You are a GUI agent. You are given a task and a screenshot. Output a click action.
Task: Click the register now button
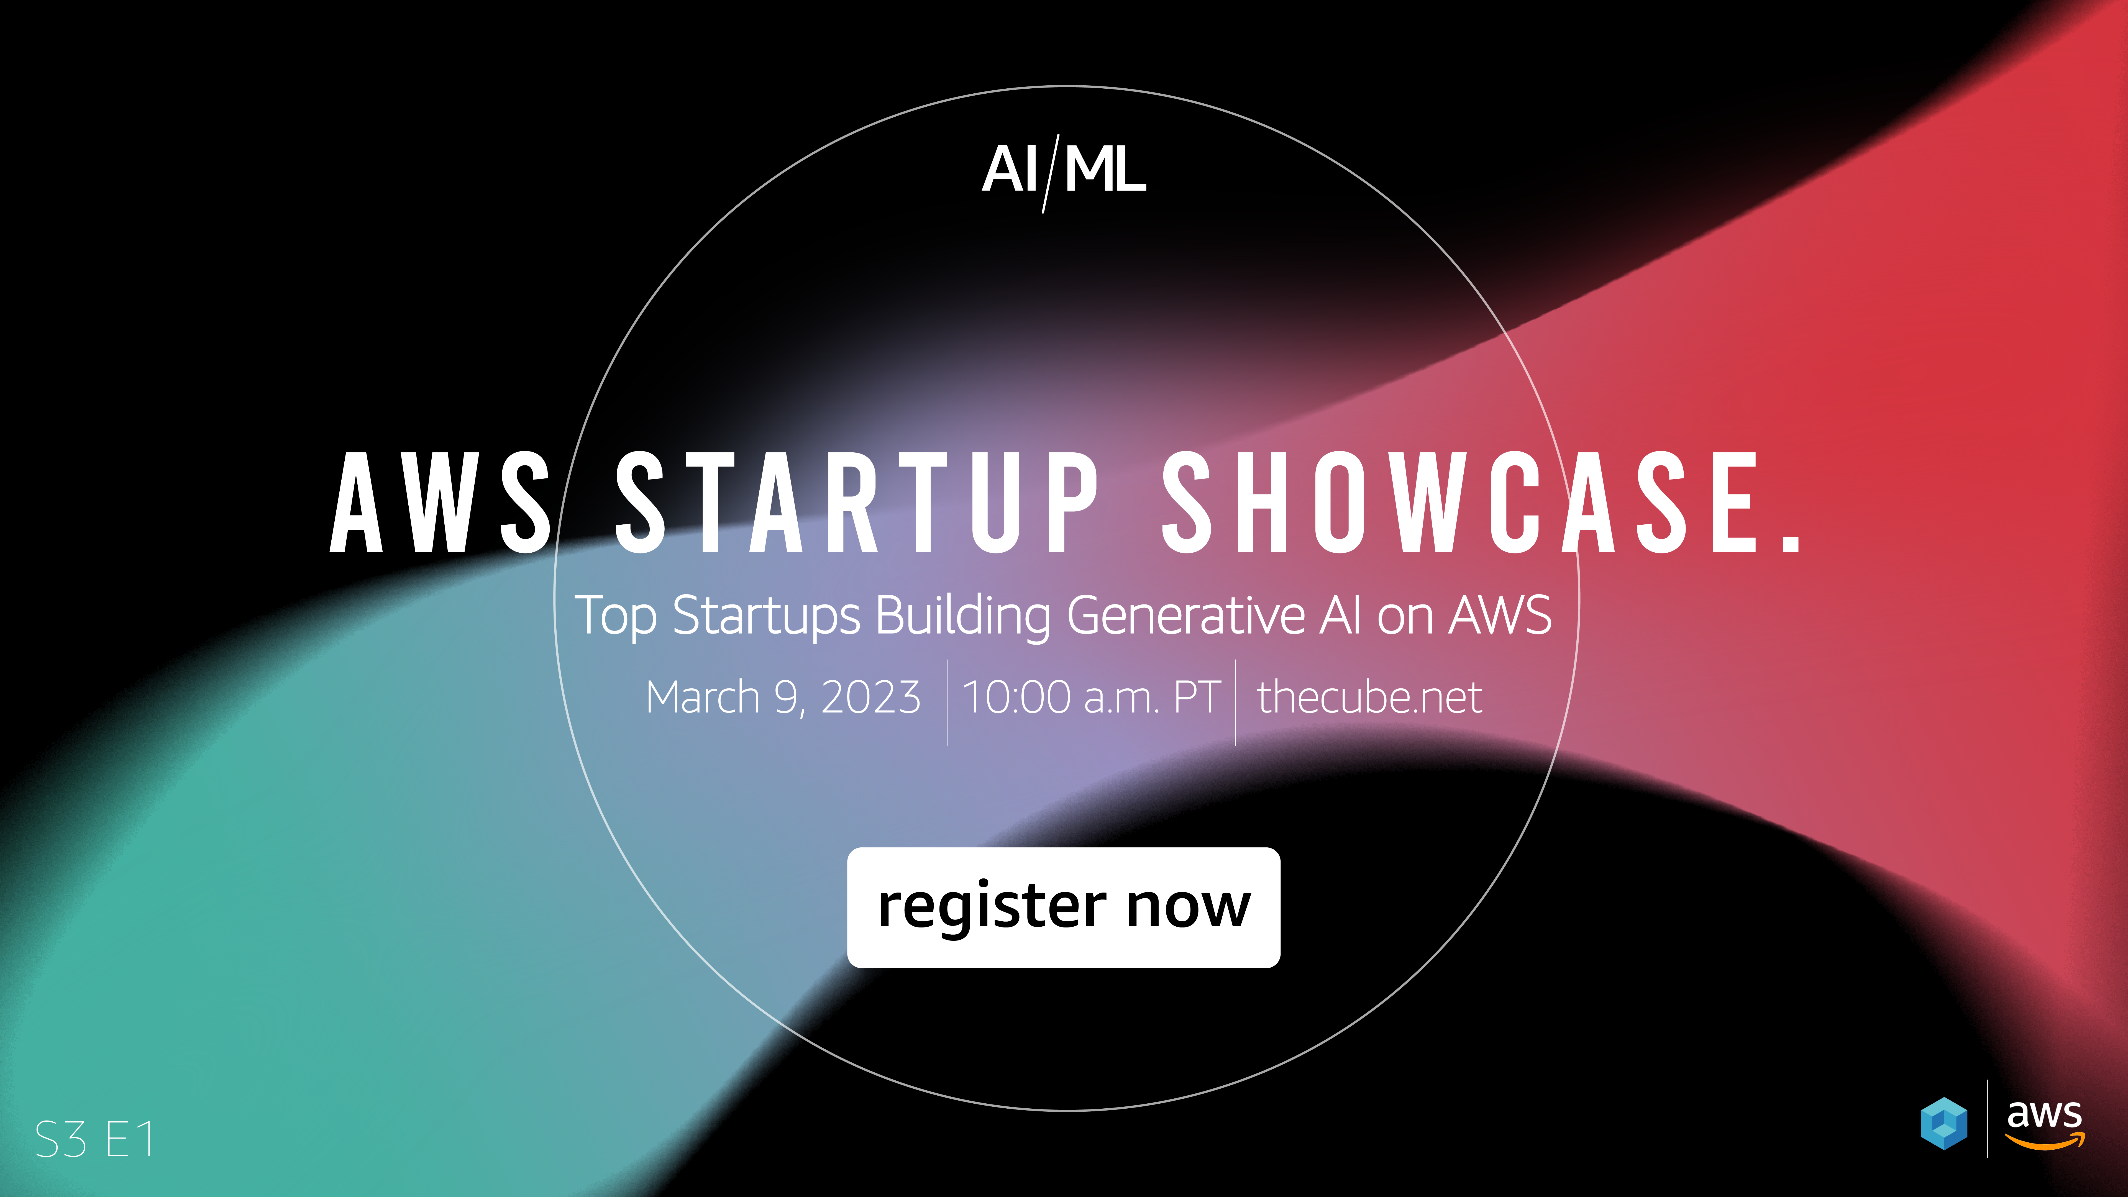pyautogui.click(x=1063, y=907)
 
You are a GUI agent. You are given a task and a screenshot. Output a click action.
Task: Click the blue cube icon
pyautogui.click(x=1944, y=1124)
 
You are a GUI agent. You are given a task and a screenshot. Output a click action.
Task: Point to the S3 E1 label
pyautogui.click(x=94, y=1140)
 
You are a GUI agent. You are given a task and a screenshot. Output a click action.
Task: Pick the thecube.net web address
pyautogui.click(x=1369, y=697)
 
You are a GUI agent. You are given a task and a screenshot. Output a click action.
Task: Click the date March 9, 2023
pyautogui.click(x=782, y=697)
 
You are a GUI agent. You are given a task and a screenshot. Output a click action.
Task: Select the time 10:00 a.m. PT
pyautogui.click(x=1090, y=697)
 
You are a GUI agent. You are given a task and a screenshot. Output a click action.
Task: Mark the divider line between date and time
pyautogui.click(x=948, y=702)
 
